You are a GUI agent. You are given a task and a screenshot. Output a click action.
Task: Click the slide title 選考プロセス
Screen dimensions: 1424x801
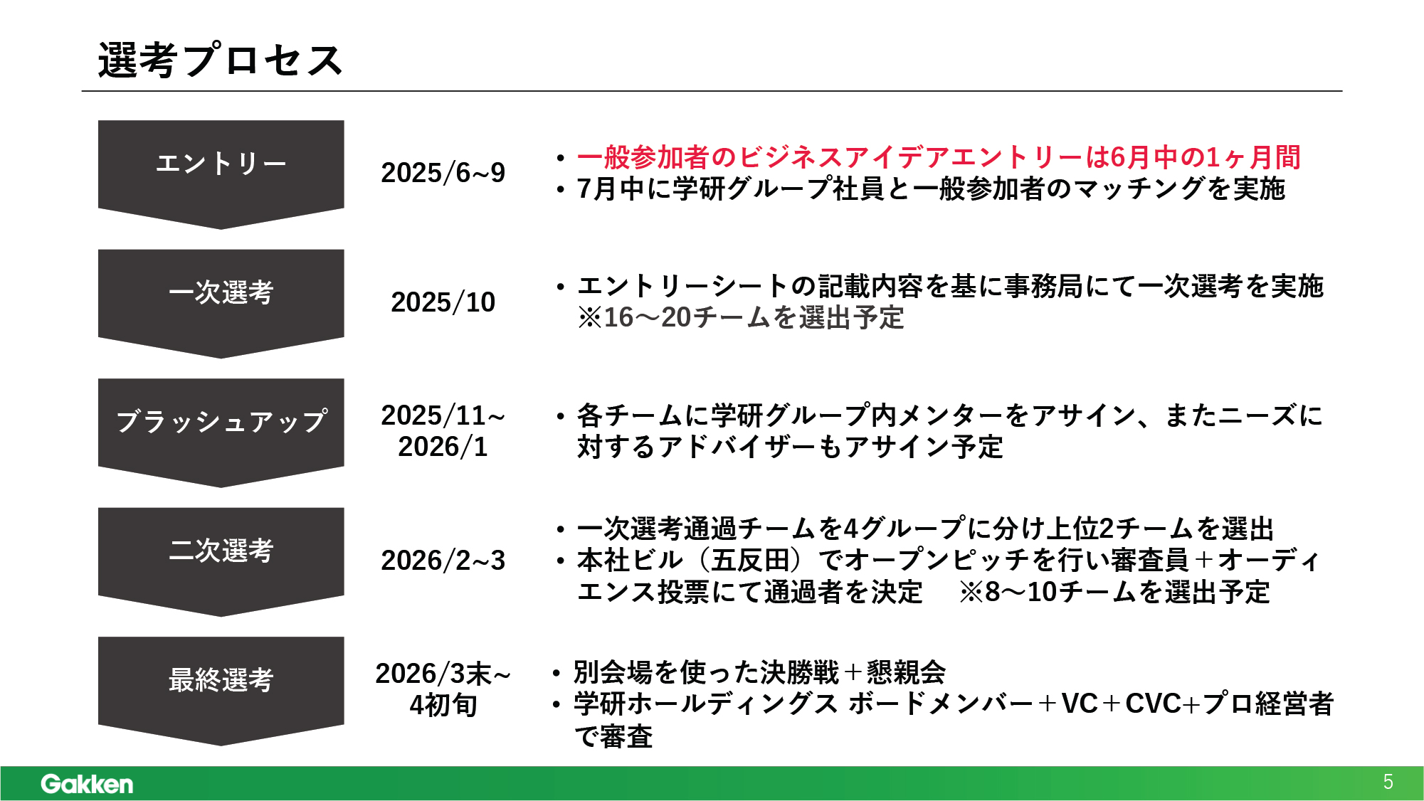(221, 60)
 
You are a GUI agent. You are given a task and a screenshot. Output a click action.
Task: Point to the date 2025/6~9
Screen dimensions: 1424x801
(443, 173)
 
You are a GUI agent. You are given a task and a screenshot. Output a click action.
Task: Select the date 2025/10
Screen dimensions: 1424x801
(443, 302)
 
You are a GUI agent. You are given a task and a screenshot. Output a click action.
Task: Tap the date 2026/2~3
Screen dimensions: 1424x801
(443, 561)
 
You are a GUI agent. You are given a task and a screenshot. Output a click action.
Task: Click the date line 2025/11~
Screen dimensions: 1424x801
(443, 415)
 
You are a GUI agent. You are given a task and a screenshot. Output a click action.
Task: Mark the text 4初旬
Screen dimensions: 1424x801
(443, 705)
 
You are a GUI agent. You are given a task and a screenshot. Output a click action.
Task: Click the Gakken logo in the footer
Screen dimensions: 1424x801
(87, 784)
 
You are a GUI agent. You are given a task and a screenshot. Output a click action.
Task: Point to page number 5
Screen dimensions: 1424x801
(1388, 783)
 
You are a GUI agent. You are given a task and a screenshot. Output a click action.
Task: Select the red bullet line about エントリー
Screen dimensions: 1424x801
(939, 157)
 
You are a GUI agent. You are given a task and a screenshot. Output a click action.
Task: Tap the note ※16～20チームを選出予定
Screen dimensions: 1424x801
(741, 317)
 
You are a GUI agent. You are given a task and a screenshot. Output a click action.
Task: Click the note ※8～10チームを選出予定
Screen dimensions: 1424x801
(1114, 592)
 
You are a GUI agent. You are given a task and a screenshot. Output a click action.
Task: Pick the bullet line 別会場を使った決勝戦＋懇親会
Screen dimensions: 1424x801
(759, 672)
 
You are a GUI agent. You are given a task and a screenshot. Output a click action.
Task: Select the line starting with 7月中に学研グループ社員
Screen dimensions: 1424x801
(931, 189)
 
